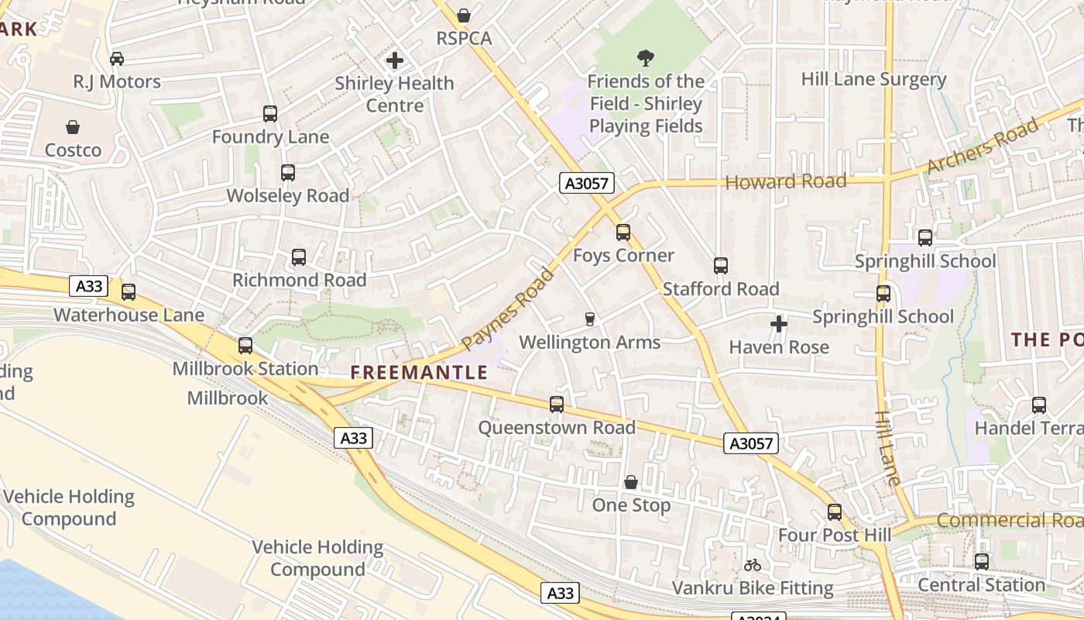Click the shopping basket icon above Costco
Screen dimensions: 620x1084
[73, 127]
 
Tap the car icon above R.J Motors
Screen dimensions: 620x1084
[117, 59]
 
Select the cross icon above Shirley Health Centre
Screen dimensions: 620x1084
[395, 60]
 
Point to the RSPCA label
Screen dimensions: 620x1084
[464, 38]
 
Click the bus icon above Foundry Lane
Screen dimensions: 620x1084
[270, 114]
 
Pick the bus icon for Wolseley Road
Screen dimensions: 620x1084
[288, 173]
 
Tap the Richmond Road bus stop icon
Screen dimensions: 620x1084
[299, 257]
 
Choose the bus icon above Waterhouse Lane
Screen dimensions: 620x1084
[129, 292]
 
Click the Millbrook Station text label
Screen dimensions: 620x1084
[245, 369]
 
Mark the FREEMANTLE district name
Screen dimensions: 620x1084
[419, 373]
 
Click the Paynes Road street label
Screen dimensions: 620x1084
[509, 309]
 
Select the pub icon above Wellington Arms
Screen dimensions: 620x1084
[589, 319]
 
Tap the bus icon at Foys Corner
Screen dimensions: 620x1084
[623, 232]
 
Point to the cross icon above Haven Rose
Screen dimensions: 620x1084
[779, 324]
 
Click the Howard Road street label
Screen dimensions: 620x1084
[786, 182]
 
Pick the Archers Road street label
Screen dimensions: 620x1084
[981, 147]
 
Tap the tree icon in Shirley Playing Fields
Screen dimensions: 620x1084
[645, 58]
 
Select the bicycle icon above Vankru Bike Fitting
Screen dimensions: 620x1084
[752, 565]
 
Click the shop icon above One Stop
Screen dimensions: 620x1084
[631, 482]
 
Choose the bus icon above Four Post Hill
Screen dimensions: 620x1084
[835, 512]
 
